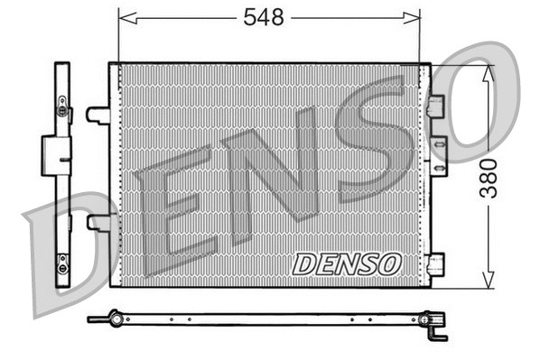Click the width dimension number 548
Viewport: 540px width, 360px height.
269,17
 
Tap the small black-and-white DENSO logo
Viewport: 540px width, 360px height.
347,263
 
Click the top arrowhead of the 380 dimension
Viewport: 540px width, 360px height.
488,70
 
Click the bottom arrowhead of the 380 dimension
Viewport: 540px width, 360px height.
488,281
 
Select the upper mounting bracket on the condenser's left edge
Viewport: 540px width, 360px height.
98,115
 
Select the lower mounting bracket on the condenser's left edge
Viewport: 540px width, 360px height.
98,222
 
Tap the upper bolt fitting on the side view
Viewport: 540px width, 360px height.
61,110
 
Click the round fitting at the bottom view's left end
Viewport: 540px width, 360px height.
114,318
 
